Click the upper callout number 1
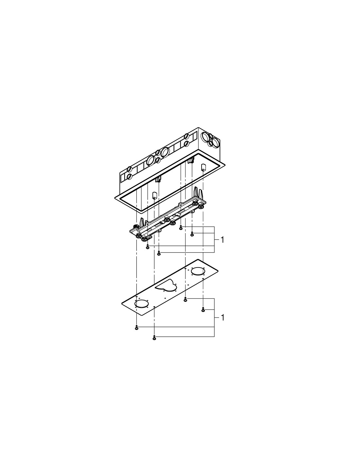point(222,240)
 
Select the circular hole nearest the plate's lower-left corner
point(141,304)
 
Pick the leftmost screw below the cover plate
point(136,328)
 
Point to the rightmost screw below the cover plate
point(203,309)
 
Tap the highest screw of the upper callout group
point(181,228)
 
